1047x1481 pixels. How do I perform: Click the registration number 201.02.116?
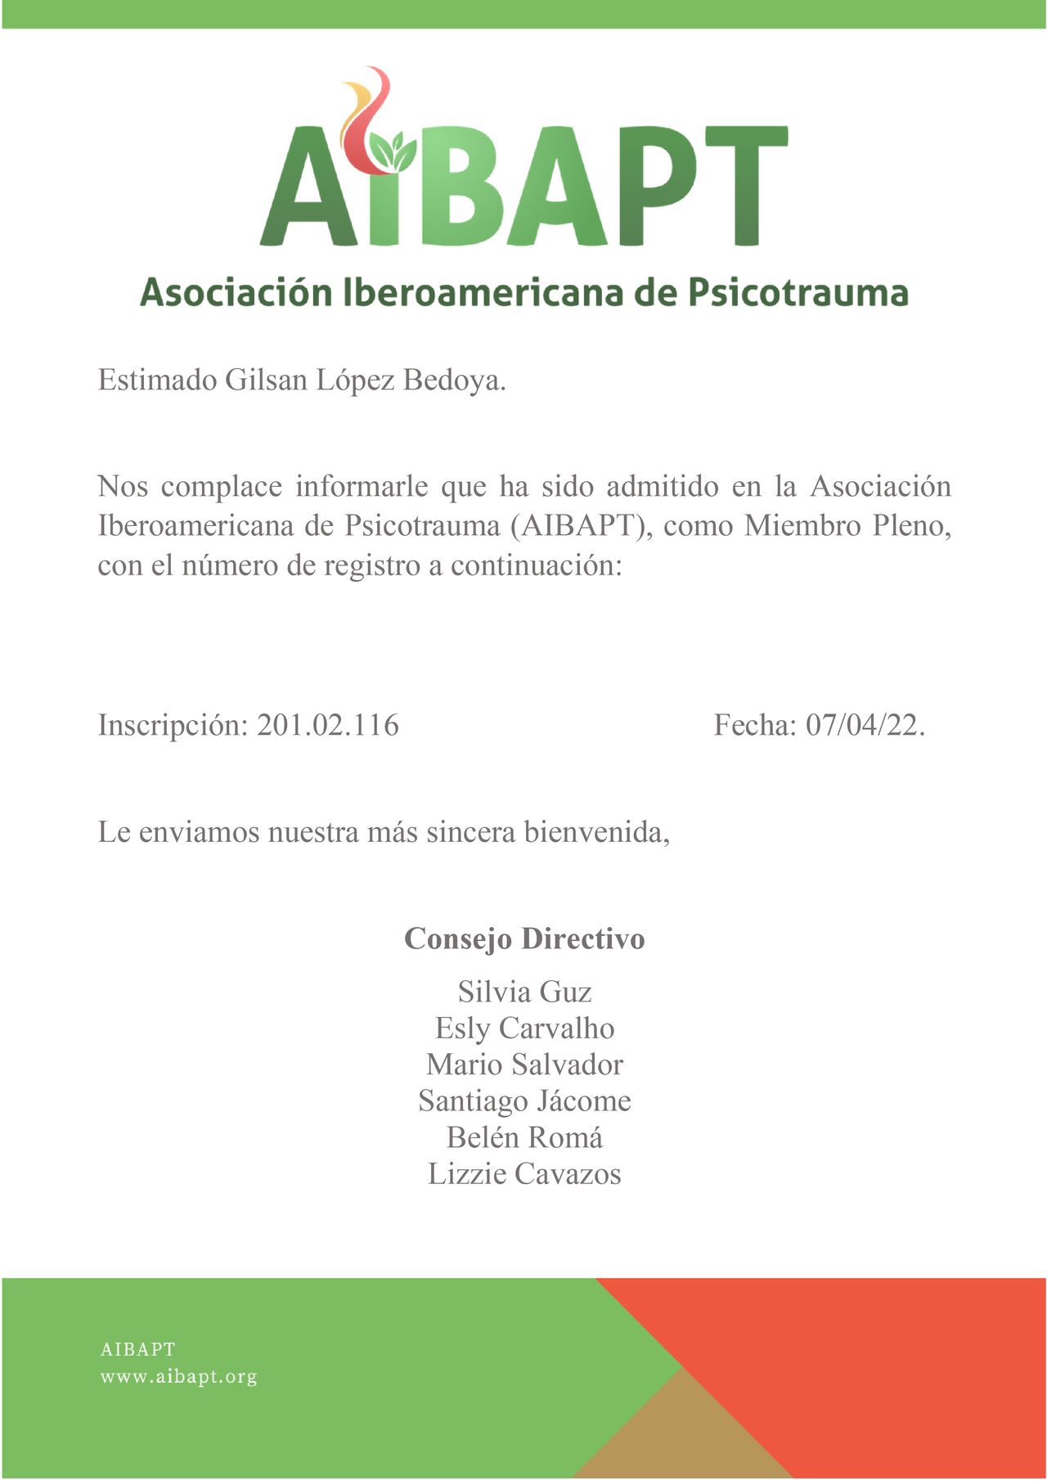(328, 725)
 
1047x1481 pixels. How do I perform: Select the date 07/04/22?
(865, 725)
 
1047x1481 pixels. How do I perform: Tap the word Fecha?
(754, 725)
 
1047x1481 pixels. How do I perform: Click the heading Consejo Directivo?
(524, 939)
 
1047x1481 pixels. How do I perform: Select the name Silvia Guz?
(524, 992)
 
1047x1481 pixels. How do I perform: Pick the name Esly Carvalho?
(524, 1029)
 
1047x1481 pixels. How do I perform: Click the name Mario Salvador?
(524, 1065)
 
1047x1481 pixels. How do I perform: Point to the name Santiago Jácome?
(524, 1101)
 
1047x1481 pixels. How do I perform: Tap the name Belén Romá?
(524, 1137)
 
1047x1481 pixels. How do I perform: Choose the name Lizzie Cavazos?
(524, 1174)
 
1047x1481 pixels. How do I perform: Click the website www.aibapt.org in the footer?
(178, 1377)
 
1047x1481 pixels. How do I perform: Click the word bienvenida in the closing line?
(596, 832)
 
